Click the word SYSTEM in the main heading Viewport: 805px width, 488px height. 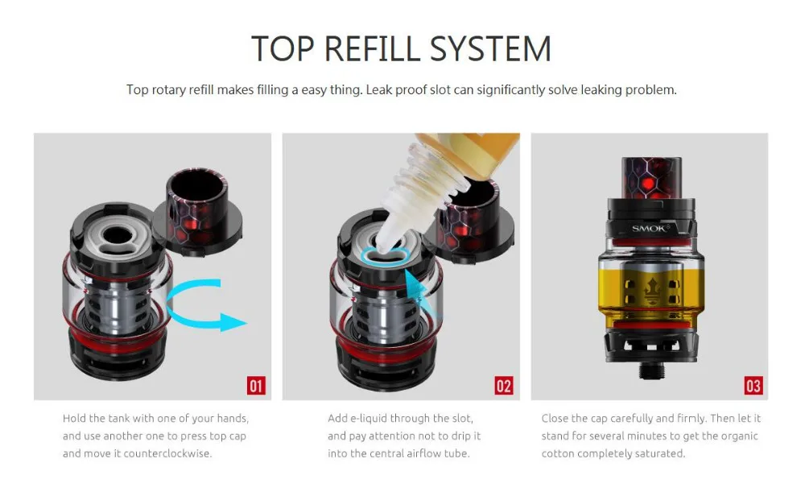(x=490, y=49)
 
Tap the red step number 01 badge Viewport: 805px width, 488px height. (x=256, y=385)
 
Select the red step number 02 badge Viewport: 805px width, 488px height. (x=504, y=385)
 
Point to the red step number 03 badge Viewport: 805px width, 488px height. (x=753, y=385)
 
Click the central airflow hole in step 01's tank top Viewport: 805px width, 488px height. (x=117, y=235)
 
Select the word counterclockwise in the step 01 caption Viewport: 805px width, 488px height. (x=167, y=453)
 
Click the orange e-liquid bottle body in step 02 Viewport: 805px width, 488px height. (x=475, y=151)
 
